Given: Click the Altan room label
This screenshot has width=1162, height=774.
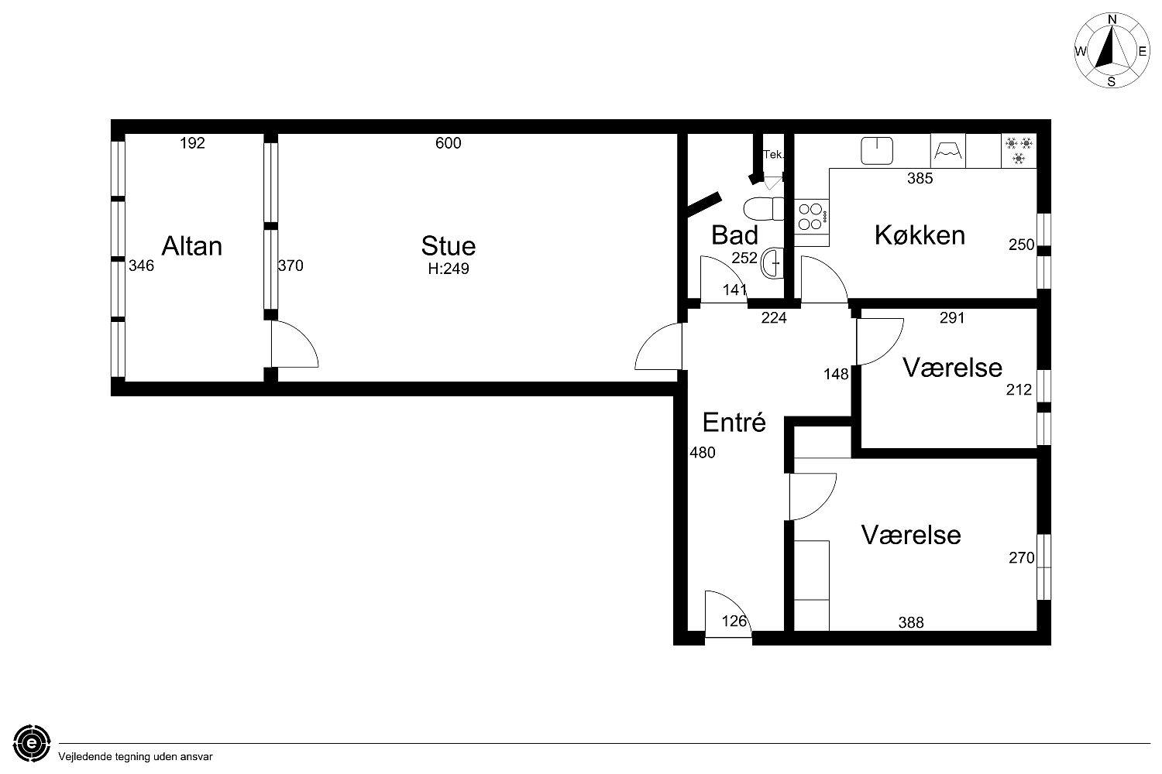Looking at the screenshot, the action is [x=192, y=246].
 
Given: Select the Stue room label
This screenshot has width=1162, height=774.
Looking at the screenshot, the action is [x=449, y=246].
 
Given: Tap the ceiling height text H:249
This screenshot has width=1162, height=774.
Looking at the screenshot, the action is [x=449, y=269].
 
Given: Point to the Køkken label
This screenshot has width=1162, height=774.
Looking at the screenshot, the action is [x=920, y=235].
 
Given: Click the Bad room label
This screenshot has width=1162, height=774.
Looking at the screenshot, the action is [x=734, y=235].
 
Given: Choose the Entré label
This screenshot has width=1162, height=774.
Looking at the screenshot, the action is [x=734, y=423].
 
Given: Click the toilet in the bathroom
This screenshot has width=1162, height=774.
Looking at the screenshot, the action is [x=764, y=209].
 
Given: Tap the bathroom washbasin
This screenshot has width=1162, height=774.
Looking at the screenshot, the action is [x=773, y=263].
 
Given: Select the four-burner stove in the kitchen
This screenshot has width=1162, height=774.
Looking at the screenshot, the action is [x=811, y=217].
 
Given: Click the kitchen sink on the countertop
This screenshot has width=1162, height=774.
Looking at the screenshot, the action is [x=877, y=150].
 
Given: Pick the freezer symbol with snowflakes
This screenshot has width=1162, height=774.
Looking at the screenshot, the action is [x=1019, y=150].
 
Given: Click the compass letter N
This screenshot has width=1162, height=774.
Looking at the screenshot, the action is [x=1112, y=19].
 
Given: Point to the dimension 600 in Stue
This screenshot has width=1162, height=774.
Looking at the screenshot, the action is [x=449, y=143].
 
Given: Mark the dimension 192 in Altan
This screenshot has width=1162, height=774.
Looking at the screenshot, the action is [x=192, y=143].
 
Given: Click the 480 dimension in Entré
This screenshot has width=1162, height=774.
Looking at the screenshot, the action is [x=703, y=453].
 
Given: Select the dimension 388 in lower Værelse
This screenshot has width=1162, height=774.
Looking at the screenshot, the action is [x=911, y=622].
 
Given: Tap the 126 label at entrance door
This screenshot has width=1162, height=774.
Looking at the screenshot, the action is [x=734, y=621].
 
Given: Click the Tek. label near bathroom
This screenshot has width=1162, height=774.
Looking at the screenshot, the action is [x=773, y=155].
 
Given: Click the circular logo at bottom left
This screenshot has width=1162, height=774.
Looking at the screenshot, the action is [x=32, y=743].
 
